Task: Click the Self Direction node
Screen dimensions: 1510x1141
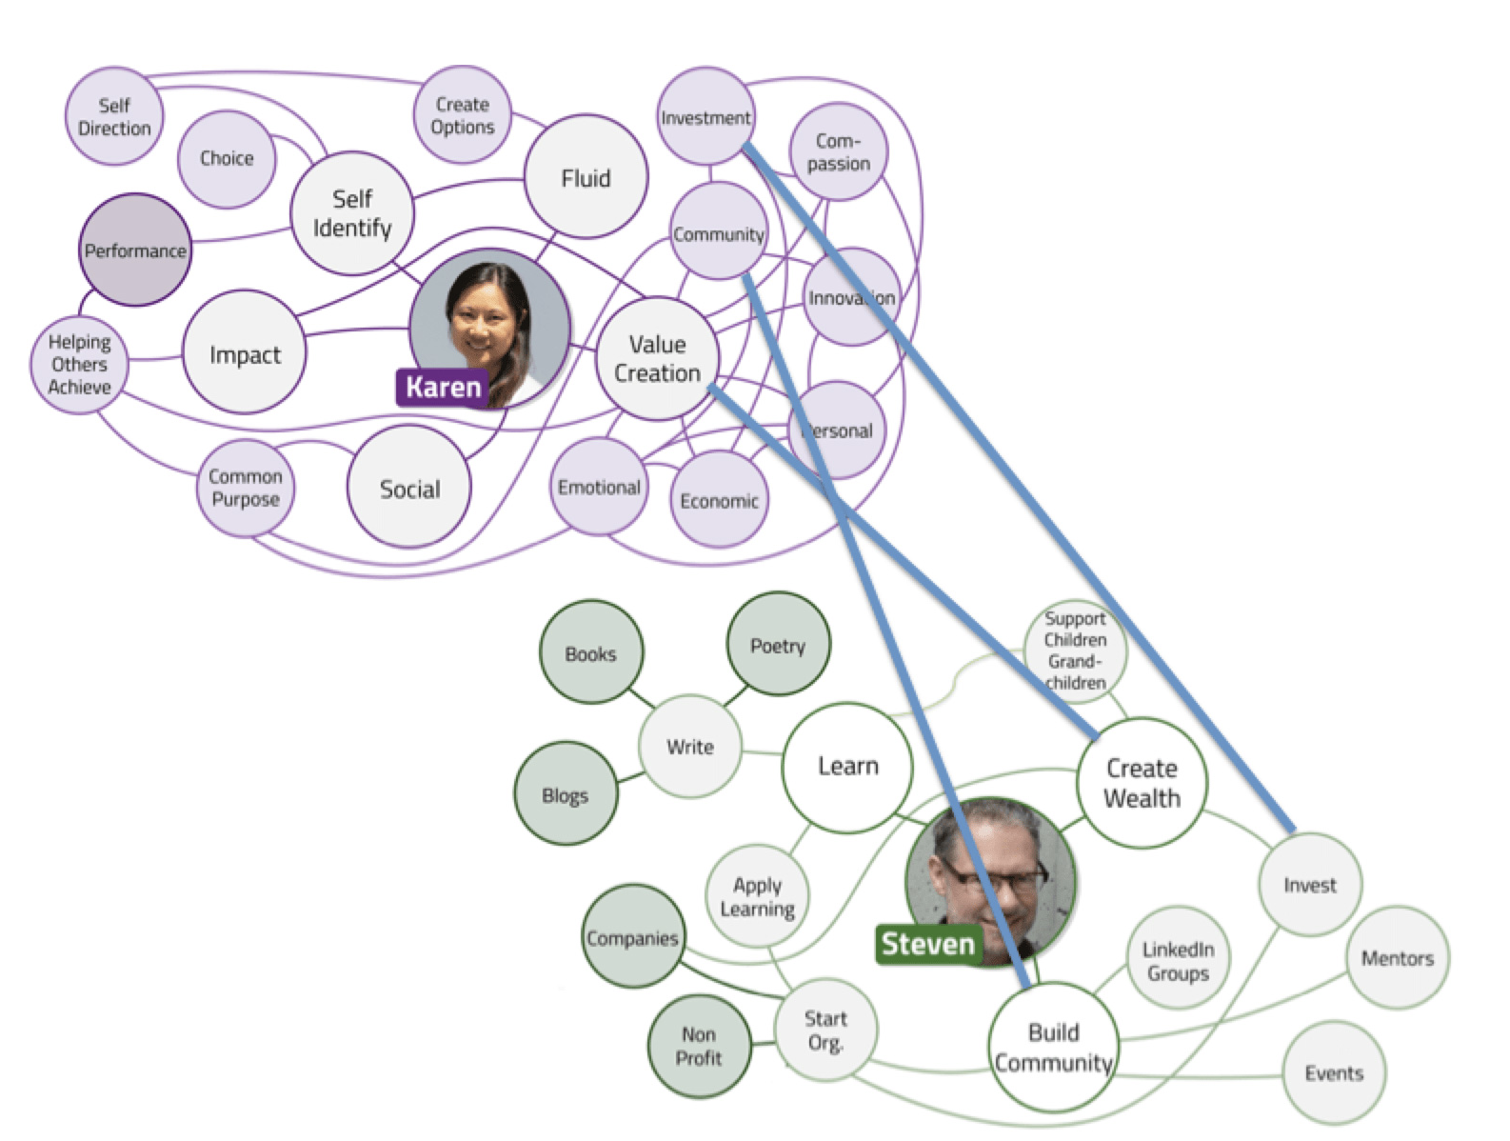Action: tap(114, 117)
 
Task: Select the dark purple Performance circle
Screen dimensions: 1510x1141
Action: tap(134, 250)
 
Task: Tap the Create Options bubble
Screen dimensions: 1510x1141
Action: tap(462, 115)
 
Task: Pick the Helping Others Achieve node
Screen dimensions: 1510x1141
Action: tap(80, 365)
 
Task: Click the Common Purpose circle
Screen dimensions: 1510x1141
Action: tap(246, 488)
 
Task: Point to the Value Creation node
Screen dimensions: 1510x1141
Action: tap(657, 359)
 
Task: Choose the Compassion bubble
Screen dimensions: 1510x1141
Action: tap(839, 152)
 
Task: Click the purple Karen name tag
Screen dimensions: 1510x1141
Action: tap(443, 387)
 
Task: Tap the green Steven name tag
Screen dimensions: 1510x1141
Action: tap(927, 944)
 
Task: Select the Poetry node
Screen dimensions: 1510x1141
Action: tap(778, 646)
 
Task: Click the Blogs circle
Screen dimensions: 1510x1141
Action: tap(565, 795)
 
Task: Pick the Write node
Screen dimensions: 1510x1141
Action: tap(690, 747)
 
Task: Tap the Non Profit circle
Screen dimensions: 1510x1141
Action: tap(699, 1046)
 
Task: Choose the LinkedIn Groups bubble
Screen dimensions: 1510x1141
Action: tap(1178, 961)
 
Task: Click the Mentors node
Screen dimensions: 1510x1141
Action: tap(1397, 958)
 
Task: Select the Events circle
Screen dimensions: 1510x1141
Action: tap(1334, 1073)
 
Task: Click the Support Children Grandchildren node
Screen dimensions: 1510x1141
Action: tap(1075, 651)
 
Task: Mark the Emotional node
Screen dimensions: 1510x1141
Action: tap(599, 487)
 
